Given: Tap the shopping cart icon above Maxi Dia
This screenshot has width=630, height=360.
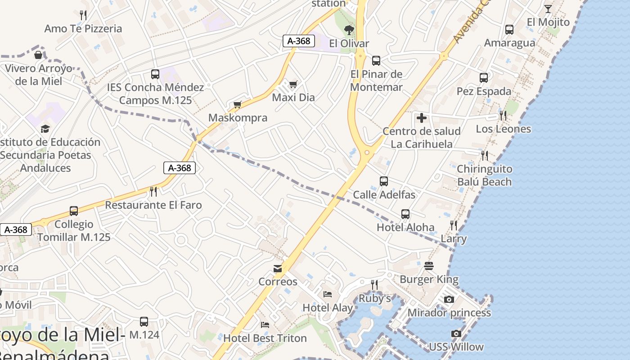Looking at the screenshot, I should coord(293,84).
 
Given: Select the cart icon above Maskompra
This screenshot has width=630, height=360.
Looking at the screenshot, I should coord(238,105).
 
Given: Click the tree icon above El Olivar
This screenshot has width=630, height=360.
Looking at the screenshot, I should coord(349,30).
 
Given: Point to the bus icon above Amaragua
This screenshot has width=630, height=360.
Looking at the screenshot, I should coord(509,30).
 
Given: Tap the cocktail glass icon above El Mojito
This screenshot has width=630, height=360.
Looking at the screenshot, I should coord(548,9).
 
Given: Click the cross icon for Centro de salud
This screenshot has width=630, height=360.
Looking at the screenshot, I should coord(422,118).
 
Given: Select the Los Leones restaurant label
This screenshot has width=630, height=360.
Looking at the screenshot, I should coord(504,129).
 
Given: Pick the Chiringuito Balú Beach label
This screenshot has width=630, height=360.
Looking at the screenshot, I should coord(485,175).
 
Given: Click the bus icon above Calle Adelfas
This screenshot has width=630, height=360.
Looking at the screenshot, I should coord(384,181).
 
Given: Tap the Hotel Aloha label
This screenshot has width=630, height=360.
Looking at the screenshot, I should coord(405,227).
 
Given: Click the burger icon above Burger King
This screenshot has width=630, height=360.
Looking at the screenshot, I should coord(429,266).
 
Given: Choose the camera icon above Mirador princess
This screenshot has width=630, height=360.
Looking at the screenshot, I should coord(449,300).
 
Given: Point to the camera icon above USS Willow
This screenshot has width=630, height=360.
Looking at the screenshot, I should coord(456,334).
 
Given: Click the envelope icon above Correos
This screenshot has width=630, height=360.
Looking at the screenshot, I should coord(278,269).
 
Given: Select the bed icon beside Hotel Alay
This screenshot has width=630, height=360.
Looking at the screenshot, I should coord(328,294).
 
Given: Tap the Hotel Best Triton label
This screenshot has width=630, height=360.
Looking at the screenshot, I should coord(265,338).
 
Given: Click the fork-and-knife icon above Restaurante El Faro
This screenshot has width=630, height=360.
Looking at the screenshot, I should coord(153,192).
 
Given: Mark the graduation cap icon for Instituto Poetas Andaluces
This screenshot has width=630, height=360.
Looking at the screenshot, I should coord(45,129).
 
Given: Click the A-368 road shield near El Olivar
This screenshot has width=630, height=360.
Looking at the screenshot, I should coord(299,41).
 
